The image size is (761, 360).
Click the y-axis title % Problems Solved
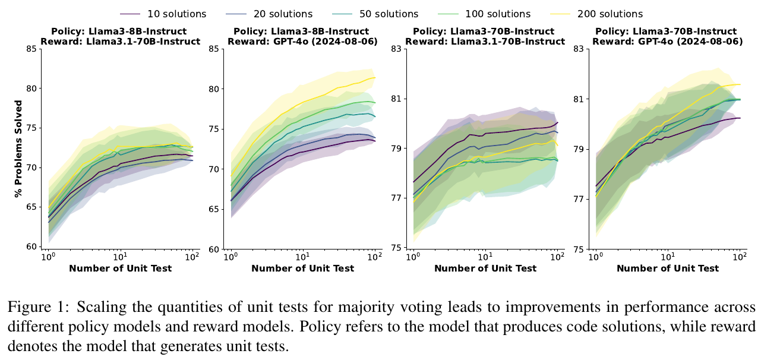pos(19,149)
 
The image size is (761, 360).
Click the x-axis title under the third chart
pos(485,269)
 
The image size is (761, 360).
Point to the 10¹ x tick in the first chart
pos(120,257)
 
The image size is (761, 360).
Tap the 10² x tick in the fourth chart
pos(740,257)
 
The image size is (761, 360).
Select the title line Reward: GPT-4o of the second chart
pos(302,41)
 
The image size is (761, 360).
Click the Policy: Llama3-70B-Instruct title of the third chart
pos(485,31)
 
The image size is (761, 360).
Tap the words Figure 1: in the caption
pos(28,307)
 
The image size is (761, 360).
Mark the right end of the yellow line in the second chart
pos(375,78)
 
